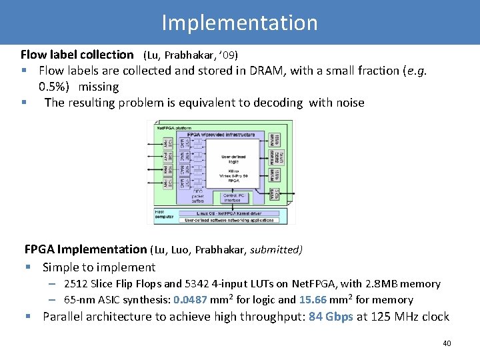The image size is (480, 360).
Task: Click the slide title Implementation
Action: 239,23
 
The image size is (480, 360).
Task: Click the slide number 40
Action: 447,343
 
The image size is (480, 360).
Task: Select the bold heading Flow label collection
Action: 77,55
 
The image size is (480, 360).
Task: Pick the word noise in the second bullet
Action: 347,103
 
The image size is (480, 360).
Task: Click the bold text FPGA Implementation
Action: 85,250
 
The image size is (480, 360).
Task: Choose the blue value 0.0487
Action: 190,300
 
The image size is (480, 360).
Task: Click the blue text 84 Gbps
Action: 331,317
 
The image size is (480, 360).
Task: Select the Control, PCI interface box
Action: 233,197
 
